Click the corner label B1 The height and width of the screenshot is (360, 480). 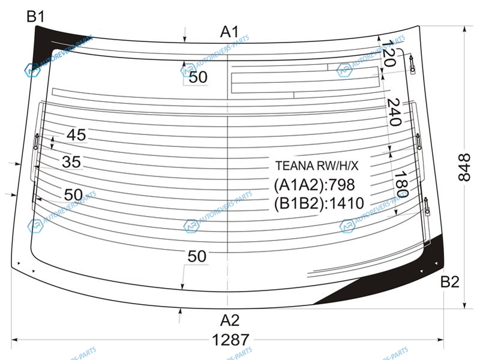click(x=35, y=16)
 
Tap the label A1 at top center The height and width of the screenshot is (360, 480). click(x=229, y=32)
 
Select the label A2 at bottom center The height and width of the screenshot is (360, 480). click(x=230, y=320)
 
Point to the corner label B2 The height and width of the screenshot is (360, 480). click(x=449, y=281)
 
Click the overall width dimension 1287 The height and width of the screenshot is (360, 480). click(x=231, y=340)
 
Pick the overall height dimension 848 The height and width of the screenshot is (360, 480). click(x=464, y=167)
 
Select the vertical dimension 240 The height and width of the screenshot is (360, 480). click(x=394, y=112)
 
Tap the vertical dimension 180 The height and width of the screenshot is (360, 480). click(x=401, y=184)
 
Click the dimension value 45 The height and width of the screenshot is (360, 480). click(x=77, y=135)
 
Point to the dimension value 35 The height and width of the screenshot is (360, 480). click(x=71, y=162)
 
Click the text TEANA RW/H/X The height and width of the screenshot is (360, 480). click(x=317, y=166)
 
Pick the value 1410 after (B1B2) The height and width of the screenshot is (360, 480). click(x=347, y=203)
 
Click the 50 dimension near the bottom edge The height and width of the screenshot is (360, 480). click(x=197, y=256)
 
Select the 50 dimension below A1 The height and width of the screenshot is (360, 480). click(x=198, y=77)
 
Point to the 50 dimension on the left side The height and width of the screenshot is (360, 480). click(x=73, y=194)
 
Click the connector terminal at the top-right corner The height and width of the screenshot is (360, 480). click(x=412, y=64)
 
